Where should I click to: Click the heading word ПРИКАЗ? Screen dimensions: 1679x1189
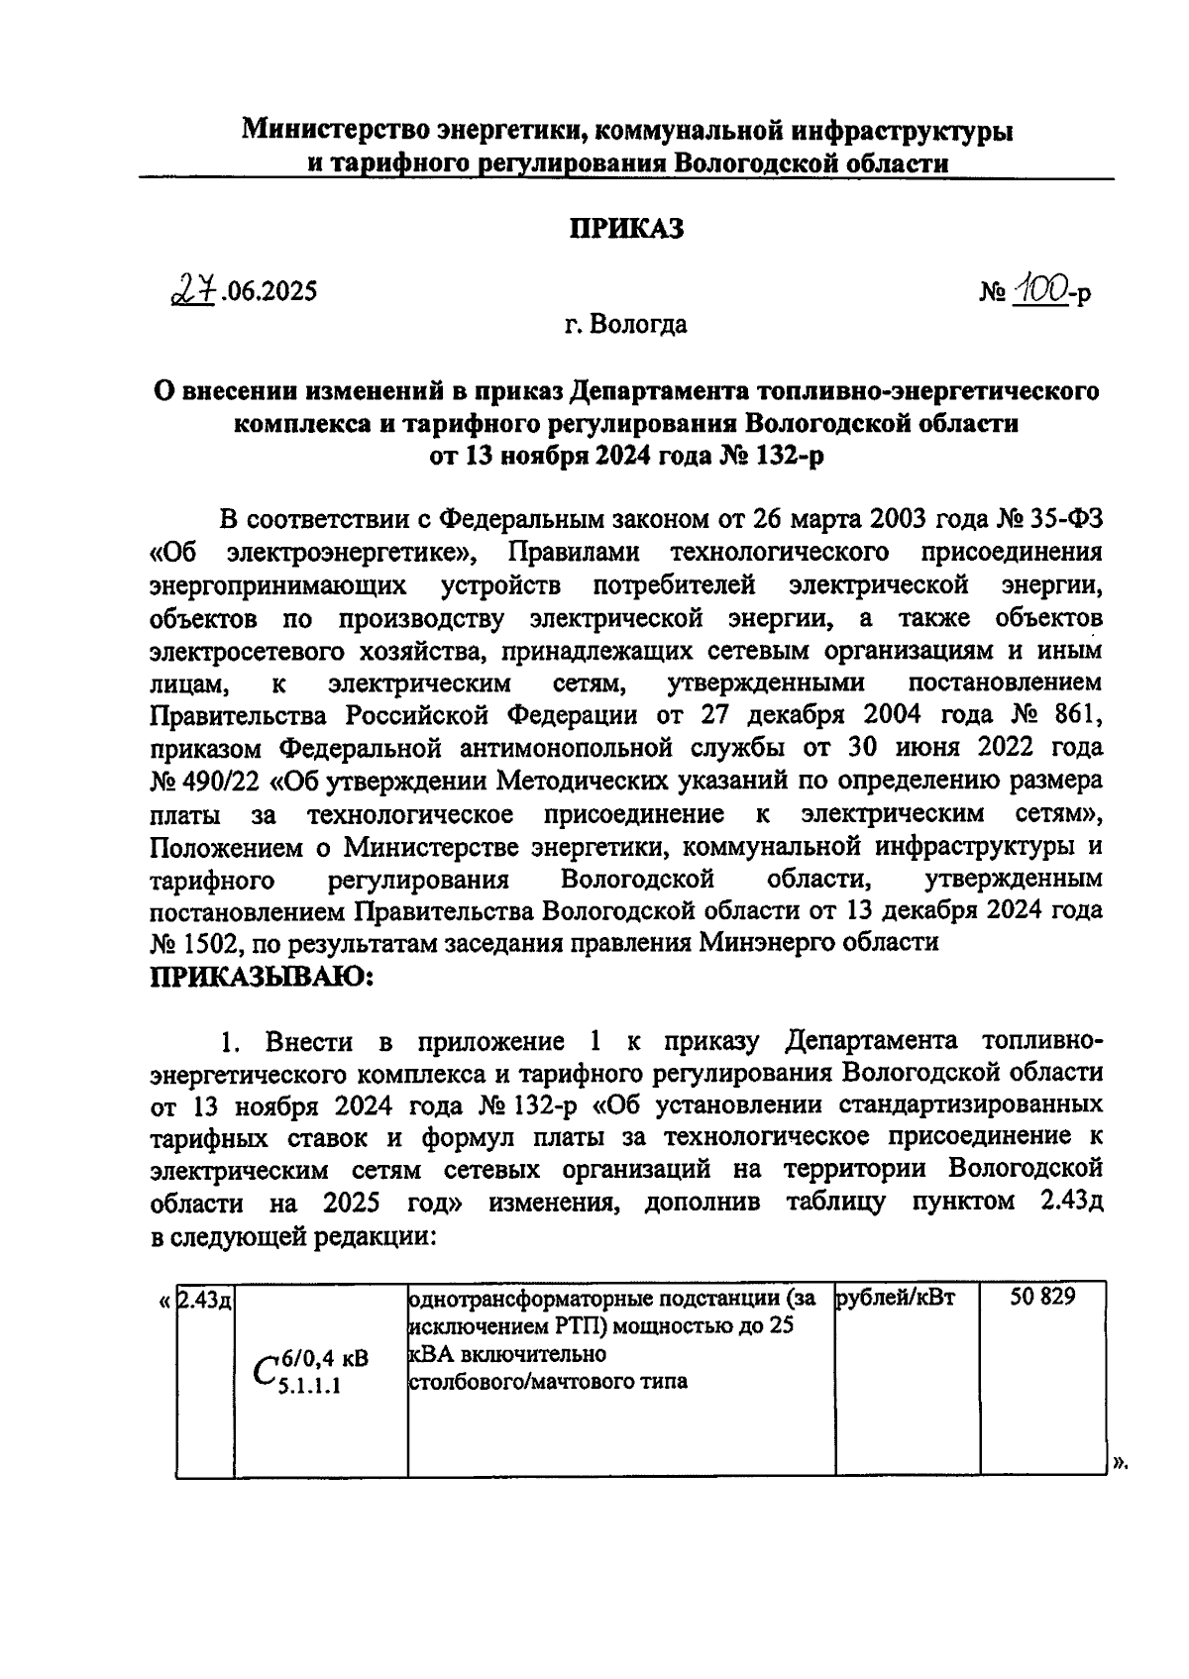(626, 230)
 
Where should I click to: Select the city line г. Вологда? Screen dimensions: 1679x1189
(626, 324)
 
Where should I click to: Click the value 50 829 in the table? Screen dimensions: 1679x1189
(1042, 1298)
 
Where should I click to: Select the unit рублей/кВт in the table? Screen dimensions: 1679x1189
(896, 1298)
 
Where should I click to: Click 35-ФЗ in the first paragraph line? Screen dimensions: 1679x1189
(1062, 518)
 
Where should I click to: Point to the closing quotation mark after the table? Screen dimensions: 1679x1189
(1120, 1463)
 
